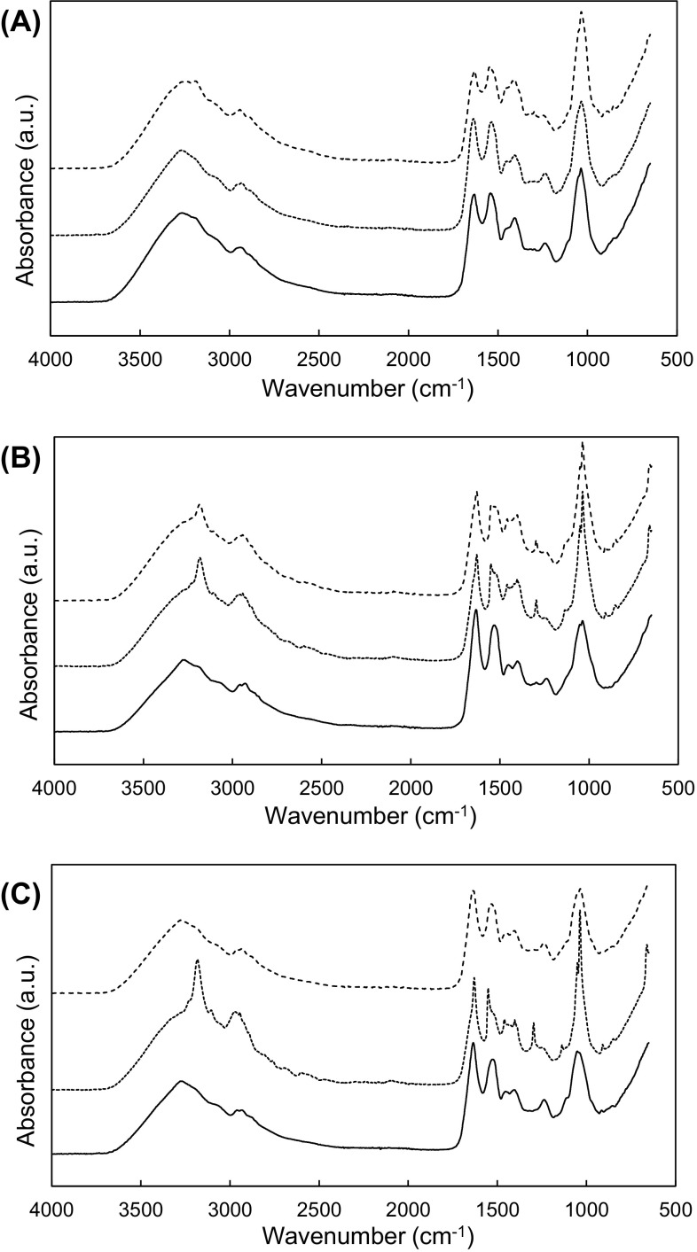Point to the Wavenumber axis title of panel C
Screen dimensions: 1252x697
point(364,1236)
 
